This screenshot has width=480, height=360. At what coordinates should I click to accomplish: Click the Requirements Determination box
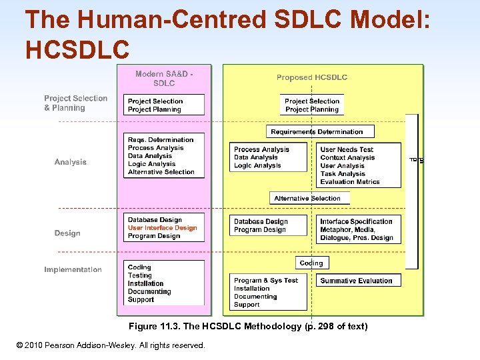[317, 132]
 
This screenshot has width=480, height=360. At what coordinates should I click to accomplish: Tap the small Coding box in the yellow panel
[311, 263]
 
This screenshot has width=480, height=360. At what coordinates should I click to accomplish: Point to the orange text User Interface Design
[163, 228]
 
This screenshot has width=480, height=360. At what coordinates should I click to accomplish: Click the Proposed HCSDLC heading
[312, 77]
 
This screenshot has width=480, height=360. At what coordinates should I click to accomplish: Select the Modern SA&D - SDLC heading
[164, 79]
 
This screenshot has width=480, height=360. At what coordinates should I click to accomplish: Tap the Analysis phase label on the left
[71, 162]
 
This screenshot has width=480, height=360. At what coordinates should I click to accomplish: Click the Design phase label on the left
[67, 233]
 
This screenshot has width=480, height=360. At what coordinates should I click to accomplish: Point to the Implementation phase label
[73, 269]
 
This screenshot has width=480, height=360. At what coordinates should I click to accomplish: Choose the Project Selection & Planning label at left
[75, 103]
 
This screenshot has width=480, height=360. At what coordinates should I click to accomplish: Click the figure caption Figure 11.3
[248, 326]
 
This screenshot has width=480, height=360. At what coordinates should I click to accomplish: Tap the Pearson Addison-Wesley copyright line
[111, 345]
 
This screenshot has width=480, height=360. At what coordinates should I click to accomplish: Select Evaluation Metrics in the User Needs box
[350, 182]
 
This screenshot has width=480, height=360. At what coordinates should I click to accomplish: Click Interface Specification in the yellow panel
[356, 221]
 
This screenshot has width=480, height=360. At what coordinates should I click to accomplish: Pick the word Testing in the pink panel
[140, 275]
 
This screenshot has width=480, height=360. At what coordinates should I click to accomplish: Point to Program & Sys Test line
[266, 281]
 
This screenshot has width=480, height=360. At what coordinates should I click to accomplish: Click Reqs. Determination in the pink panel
[161, 140]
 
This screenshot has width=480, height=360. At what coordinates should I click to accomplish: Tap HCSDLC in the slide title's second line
[77, 48]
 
